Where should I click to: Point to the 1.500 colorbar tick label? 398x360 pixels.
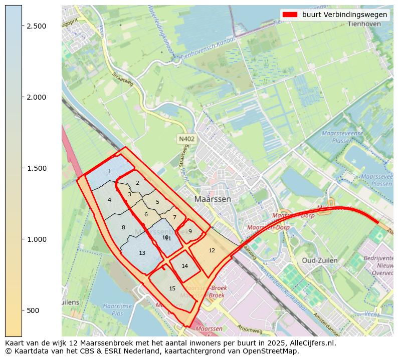coord(36,168)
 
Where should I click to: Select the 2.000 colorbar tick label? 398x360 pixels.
coord(36,97)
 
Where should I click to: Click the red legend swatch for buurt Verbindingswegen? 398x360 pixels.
coord(290,15)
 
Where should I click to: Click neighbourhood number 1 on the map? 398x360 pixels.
coord(109,172)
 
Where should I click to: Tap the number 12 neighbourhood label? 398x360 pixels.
coord(212,250)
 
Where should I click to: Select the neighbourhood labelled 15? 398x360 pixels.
coord(172,288)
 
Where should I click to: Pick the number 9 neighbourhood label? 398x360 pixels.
coord(190,231)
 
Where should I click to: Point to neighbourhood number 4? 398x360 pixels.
coord(109,200)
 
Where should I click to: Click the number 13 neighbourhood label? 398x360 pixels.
coord(142,253)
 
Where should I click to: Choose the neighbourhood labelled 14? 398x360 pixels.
coord(184,266)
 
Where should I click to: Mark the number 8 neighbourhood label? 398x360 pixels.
coord(123,228)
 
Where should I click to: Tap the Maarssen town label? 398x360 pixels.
coord(213,199)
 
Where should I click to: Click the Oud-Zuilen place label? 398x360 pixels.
coord(320,260)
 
